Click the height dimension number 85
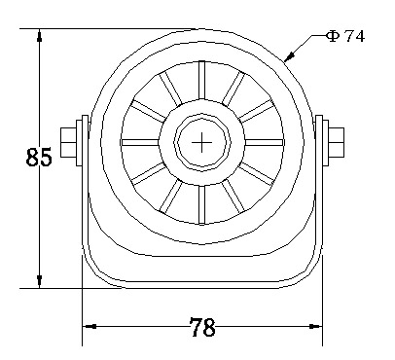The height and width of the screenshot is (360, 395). (x=39, y=157)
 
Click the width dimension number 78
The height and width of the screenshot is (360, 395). (x=202, y=327)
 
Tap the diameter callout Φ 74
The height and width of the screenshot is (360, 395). (x=345, y=36)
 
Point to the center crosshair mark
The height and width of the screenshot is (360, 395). (x=201, y=142)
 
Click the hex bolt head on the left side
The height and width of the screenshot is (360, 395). (x=68, y=143)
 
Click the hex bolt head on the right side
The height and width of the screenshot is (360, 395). (x=336, y=143)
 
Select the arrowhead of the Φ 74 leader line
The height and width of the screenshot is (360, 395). (x=289, y=55)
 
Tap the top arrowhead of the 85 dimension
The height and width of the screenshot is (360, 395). (x=40, y=35)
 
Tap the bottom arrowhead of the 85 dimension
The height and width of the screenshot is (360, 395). (x=40, y=281)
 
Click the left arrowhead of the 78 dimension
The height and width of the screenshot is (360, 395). (x=90, y=326)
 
